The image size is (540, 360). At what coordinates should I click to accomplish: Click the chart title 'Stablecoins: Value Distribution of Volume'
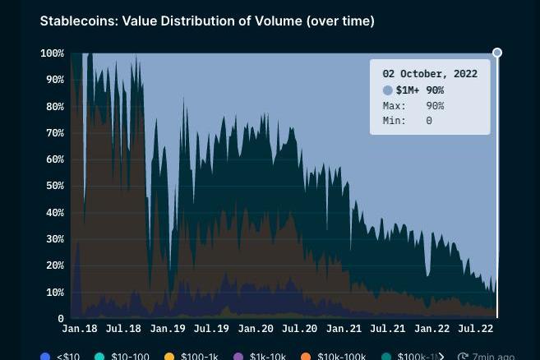coord(207,21)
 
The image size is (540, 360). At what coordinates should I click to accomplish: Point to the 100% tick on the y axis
coord(51,53)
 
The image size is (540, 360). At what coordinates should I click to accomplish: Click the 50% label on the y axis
coord(53,186)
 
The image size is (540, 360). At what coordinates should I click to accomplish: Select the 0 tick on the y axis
coord(61,318)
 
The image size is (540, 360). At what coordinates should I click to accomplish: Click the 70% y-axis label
coord(53,133)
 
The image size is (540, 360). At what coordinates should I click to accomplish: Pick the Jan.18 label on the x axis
coord(80,329)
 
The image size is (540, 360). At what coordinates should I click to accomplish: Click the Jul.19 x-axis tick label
coord(211,329)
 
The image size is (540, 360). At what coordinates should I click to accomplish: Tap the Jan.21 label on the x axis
coord(344,329)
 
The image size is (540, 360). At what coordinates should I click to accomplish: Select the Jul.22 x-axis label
coord(475,329)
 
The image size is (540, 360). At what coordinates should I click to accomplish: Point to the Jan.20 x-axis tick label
coord(256,329)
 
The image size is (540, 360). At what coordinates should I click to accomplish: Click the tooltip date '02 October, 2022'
coord(430,74)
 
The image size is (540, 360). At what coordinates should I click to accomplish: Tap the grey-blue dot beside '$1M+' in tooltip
coord(388,90)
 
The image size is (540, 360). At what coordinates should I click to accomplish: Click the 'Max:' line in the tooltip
coord(413,106)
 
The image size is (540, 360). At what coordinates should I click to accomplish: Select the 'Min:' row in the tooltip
coord(408,121)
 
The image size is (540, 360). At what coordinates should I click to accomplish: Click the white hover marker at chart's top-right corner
coord(497,53)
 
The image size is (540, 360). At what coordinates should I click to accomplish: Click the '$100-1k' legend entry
coord(194,357)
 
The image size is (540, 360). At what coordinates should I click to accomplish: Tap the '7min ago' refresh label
coord(488,357)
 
